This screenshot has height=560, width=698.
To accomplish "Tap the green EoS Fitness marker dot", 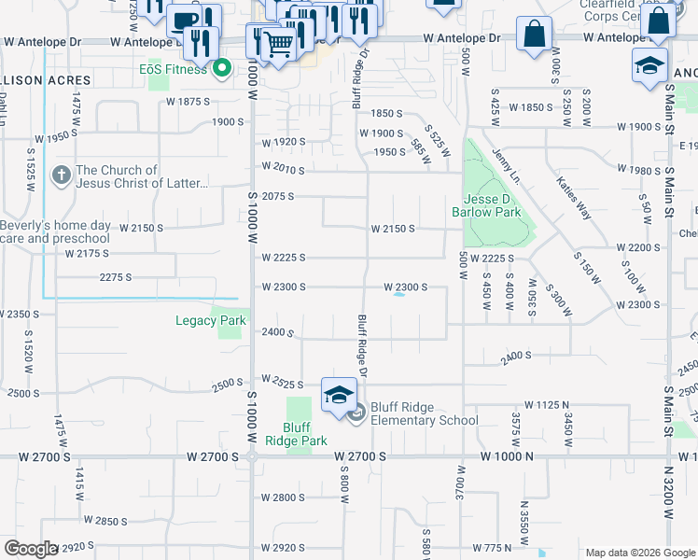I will [x=223, y=68].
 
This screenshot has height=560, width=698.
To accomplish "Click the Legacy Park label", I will [x=211, y=320].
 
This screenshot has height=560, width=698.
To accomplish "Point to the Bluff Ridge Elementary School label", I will [x=425, y=413].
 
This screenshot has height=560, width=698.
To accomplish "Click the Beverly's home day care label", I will [x=55, y=231].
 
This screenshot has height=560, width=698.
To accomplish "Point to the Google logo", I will [x=31, y=549].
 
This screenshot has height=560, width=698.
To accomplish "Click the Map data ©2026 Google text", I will [x=640, y=553].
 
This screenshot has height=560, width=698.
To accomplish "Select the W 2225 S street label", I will [x=284, y=258].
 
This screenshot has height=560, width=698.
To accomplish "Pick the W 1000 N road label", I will [x=506, y=456].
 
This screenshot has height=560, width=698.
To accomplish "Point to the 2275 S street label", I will [x=116, y=277].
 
